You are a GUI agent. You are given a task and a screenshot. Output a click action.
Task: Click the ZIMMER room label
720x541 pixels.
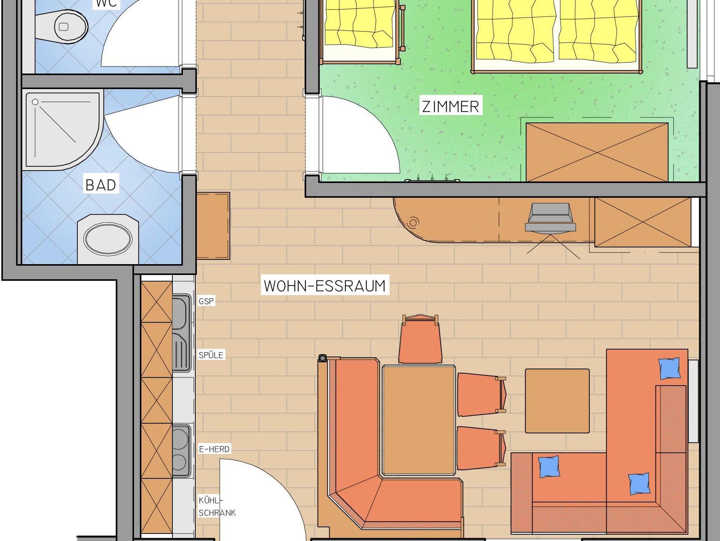click(451, 107)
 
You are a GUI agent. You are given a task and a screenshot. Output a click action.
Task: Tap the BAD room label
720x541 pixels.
click(101, 185)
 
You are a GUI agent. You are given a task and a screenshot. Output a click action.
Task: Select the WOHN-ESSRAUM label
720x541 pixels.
click(325, 286)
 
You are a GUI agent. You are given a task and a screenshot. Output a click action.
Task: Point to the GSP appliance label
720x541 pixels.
click(206, 301)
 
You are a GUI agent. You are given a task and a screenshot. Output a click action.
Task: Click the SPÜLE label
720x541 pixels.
click(211, 355)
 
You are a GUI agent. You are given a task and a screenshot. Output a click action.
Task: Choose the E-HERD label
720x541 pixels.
click(214, 449)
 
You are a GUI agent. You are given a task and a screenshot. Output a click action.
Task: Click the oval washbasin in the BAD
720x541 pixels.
click(108, 239)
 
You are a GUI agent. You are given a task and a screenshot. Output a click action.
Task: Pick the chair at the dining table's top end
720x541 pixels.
click(420, 339)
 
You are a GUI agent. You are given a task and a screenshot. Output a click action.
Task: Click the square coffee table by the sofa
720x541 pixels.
click(557, 401)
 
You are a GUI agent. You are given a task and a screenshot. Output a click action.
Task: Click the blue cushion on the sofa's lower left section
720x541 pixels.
click(549, 466)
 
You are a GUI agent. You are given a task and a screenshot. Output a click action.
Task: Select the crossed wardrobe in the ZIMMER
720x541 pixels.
click(597, 152)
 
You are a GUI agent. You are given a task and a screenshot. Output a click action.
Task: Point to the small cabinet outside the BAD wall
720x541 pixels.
click(213, 226)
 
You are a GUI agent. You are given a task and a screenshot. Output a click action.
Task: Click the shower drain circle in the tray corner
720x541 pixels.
click(35, 102)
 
